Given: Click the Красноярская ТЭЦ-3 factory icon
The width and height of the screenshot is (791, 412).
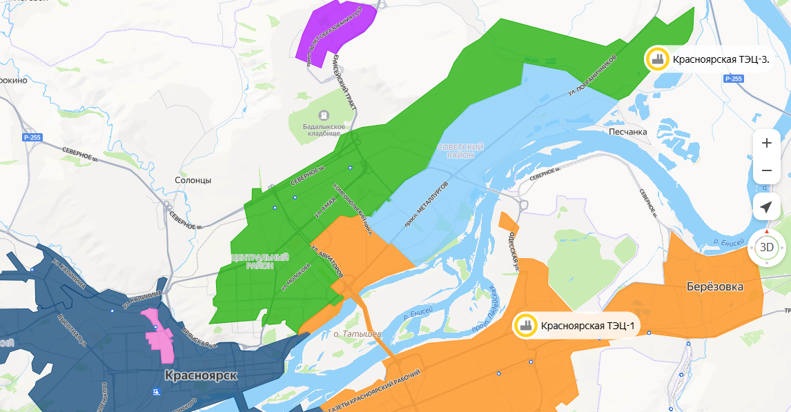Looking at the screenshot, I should point(656,59).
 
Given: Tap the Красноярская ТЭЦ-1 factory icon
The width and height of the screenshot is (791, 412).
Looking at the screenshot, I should point(525,326).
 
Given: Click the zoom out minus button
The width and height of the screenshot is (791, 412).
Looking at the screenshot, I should point(766,170).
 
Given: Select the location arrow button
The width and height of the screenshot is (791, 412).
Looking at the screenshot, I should point(766,207).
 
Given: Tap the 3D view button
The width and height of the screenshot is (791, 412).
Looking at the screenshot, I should point(766,246).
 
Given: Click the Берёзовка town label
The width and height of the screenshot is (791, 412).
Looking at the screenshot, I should point(715,286).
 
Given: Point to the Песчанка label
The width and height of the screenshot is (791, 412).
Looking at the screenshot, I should point(628,131).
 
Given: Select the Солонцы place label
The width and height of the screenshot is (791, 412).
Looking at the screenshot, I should point(193,180).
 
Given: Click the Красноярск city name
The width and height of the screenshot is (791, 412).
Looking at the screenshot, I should point(201,376).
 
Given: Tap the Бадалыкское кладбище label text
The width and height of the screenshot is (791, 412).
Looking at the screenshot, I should point(323,130).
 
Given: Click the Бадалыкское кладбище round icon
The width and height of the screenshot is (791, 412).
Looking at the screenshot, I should point(323,115).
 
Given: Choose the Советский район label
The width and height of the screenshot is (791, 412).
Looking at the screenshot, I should point(460,152).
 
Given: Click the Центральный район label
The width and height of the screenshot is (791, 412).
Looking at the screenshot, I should point(260,262).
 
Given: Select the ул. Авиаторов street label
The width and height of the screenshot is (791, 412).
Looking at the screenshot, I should point(327,262).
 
